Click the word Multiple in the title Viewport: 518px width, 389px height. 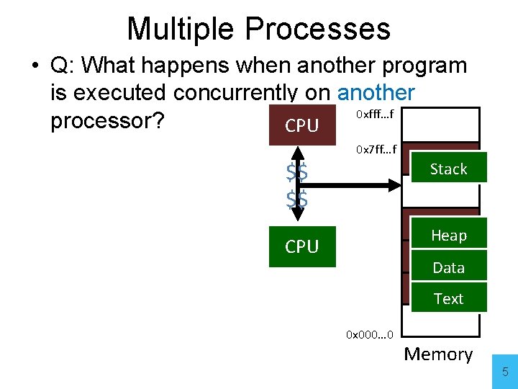point(181,29)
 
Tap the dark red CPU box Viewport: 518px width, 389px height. point(302,125)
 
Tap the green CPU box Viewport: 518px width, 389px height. point(302,246)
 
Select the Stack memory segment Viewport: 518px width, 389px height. point(448,169)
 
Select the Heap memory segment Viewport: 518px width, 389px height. point(448,236)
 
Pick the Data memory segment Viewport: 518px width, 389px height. point(448,268)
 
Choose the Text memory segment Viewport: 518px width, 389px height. point(448,298)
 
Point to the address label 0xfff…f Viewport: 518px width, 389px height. point(375,114)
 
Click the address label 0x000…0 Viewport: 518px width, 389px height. point(369,335)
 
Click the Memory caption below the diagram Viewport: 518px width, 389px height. point(438,354)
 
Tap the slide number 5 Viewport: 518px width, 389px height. point(505,372)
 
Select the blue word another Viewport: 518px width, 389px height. point(376,93)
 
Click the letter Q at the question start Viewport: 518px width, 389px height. point(61,66)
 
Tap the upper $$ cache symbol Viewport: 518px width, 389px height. point(296,173)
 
